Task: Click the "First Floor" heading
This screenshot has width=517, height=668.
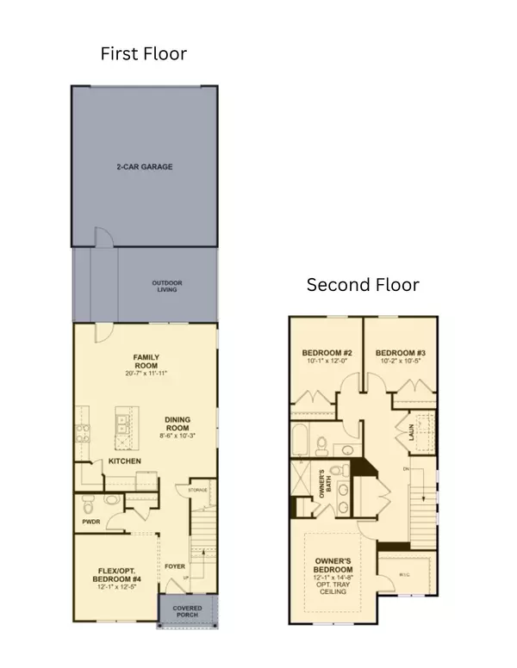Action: [143, 53]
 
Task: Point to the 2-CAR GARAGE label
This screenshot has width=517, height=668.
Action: [144, 166]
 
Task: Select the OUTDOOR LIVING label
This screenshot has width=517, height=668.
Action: [167, 287]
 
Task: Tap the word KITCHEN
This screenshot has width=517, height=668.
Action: [124, 462]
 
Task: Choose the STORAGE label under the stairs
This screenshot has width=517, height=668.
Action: [199, 491]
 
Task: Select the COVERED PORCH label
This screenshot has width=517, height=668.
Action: [187, 612]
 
